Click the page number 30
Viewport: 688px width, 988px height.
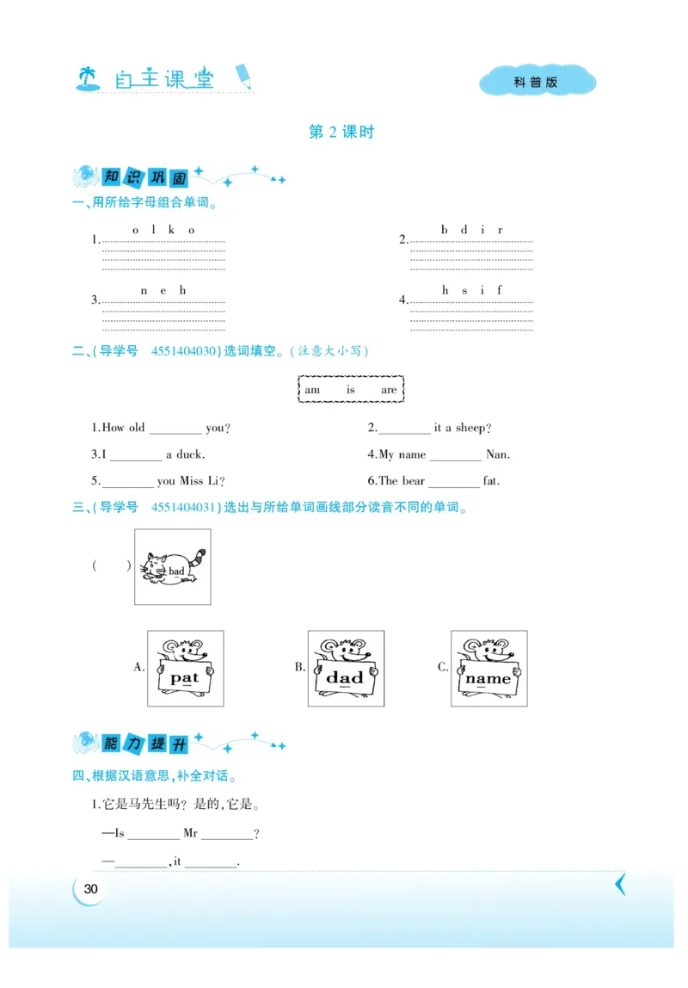click(x=91, y=889)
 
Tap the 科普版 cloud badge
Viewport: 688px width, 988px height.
click(x=537, y=83)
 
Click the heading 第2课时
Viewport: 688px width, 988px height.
click(x=341, y=133)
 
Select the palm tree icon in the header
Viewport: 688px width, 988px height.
click(x=88, y=79)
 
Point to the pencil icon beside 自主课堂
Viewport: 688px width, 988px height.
click(x=244, y=76)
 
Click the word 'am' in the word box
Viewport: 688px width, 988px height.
click(x=312, y=390)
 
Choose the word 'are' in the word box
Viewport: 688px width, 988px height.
click(x=389, y=390)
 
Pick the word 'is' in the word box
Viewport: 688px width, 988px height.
click(x=351, y=390)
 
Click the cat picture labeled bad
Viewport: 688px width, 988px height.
click(x=173, y=567)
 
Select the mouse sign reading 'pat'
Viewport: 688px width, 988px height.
click(x=185, y=669)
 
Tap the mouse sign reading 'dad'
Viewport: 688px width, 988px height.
click(x=346, y=669)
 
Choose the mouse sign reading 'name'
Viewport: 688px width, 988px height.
click(x=488, y=669)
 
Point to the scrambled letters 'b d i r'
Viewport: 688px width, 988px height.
click(x=471, y=230)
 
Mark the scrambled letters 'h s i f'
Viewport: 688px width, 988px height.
click(x=471, y=290)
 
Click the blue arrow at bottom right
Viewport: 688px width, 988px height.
click(x=620, y=884)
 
